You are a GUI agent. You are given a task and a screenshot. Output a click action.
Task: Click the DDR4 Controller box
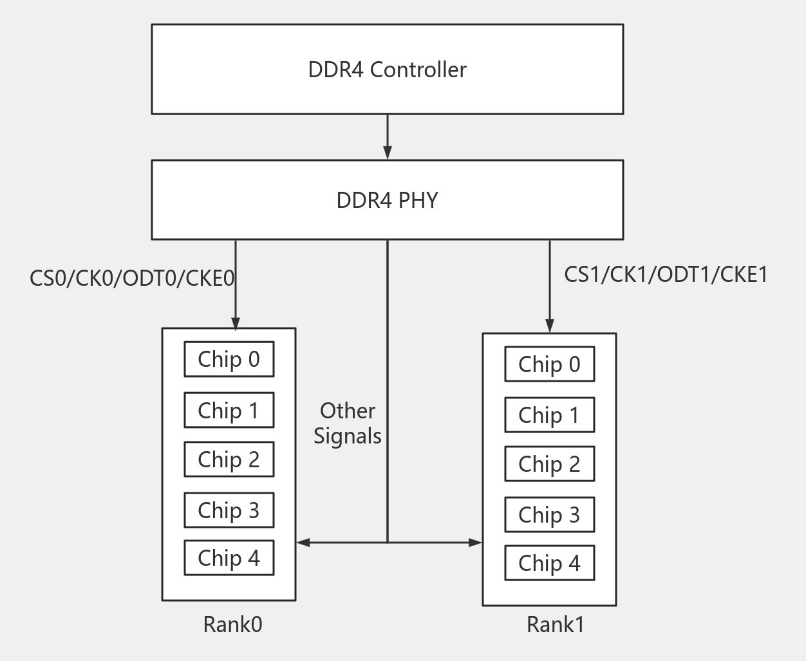click(387, 70)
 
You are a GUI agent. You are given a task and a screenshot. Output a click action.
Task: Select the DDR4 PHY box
click(387, 200)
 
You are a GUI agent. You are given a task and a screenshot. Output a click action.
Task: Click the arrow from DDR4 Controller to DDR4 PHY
click(387, 137)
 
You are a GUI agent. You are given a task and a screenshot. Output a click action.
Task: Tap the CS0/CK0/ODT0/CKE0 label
click(132, 278)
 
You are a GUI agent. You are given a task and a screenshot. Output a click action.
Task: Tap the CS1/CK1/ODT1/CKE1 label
click(666, 274)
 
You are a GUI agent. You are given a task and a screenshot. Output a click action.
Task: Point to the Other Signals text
click(348, 424)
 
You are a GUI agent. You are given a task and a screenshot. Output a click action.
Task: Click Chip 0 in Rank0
click(229, 359)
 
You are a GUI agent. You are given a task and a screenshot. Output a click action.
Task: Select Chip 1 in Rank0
click(229, 410)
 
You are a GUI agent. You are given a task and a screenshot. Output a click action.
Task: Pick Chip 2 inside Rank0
click(229, 460)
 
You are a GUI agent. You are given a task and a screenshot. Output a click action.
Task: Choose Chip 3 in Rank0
click(229, 510)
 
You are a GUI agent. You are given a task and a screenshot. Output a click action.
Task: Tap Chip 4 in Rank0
click(229, 558)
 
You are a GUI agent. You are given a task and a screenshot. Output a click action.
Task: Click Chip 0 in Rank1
click(549, 364)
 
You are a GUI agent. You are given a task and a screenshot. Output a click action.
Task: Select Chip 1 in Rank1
click(549, 415)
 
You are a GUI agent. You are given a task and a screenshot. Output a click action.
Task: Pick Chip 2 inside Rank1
click(549, 464)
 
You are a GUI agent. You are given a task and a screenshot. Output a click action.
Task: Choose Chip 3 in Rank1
click(549, 515)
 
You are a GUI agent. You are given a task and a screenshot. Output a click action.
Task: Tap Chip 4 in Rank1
click(549, 563)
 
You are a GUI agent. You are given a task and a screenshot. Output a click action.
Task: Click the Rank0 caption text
click(232, 624)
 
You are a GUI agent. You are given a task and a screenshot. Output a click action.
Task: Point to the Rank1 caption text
click(555, 624)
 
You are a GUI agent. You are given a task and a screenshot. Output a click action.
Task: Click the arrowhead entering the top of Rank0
click(236, 323)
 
